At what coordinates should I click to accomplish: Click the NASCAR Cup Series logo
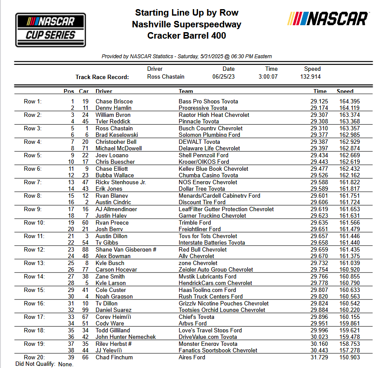(x=51, y=30)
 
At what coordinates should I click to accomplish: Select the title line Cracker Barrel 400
(x=186, y=36)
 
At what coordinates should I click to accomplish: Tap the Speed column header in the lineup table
(x=345, y=91)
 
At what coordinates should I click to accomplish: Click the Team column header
(x=186, y=91)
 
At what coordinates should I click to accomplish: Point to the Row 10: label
(x=34, y=222)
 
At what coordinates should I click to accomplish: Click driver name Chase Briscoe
(x=114, y=101)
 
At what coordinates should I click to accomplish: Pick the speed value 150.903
(x=350, y=357)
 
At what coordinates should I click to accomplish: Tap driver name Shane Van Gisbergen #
(x=126, y=249)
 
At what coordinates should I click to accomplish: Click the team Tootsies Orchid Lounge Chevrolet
(x=222, y=310)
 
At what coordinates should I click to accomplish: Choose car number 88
(x=85, y=249)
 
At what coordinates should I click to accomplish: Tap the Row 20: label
(x=34, y=357)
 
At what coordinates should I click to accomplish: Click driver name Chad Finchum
(x=114, y=357)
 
